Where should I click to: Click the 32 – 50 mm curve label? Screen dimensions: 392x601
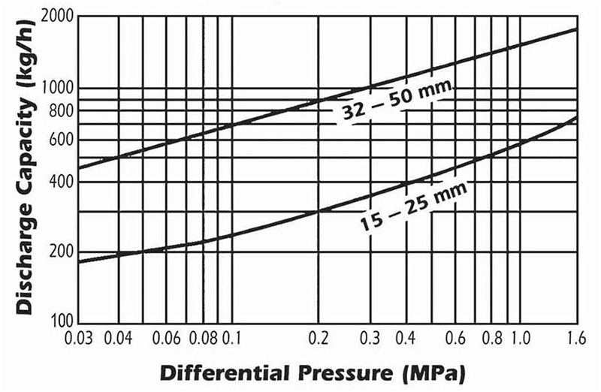393,103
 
